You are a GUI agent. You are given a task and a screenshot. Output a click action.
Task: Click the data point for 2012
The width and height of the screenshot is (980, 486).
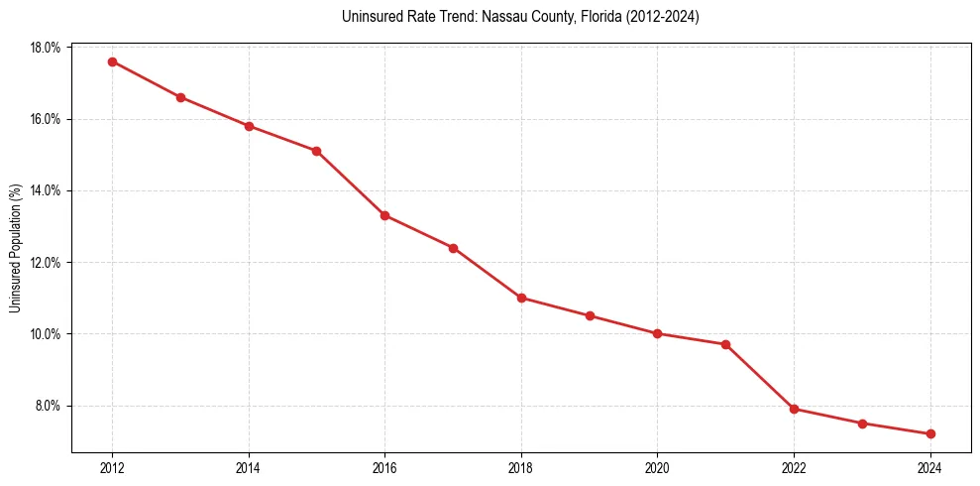point(112,61)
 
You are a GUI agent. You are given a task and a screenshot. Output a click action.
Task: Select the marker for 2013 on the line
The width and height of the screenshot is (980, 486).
point(180,97)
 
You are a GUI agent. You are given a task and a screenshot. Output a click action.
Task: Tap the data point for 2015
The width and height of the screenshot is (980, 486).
point(316,151)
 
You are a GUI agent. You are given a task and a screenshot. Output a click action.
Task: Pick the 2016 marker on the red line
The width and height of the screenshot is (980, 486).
point(384,215)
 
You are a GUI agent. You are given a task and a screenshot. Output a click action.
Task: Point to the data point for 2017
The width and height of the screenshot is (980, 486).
point(453,248)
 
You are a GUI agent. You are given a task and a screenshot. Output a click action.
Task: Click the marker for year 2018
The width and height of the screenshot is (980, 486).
point(521,298)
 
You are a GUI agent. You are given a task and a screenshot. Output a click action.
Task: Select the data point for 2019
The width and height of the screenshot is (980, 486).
point(590,315)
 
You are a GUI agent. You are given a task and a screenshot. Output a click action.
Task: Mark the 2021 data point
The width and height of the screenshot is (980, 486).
point(725,344)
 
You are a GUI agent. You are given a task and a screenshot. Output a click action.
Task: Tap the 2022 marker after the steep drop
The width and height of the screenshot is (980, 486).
point(794,409)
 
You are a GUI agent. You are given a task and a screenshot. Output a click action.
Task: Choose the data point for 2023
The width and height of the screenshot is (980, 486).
point(862,424)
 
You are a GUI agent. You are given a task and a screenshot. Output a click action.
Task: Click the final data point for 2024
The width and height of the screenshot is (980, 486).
point(930,433)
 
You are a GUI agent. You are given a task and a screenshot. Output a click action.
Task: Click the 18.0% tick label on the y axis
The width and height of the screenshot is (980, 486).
point(47,48)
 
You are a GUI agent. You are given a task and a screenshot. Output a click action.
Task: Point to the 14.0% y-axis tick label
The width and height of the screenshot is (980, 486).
point(47,190)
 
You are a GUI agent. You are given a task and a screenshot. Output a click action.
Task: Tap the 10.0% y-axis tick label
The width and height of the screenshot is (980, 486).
point(47,334)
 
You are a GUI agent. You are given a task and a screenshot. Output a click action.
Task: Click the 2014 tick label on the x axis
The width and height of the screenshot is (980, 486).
point(249,468)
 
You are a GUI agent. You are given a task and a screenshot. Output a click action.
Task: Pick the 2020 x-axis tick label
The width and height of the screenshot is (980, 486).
point(657,468)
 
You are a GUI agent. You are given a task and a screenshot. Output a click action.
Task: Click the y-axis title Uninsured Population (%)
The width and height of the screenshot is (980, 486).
point(15,248)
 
